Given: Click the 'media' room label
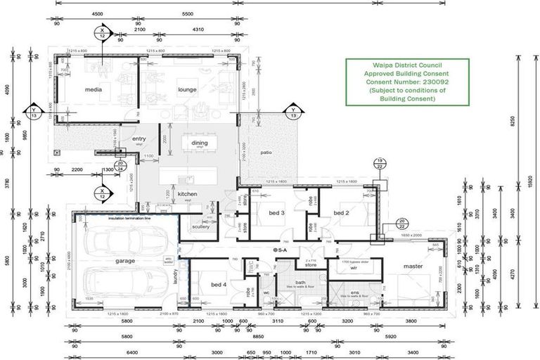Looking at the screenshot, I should [94, 89].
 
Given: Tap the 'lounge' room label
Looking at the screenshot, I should [187, 89].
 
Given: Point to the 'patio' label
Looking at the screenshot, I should [266, 152].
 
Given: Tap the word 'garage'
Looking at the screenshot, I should [126, 261].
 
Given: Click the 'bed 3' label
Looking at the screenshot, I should [276, 212].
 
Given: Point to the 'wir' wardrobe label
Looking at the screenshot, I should [354, 268].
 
